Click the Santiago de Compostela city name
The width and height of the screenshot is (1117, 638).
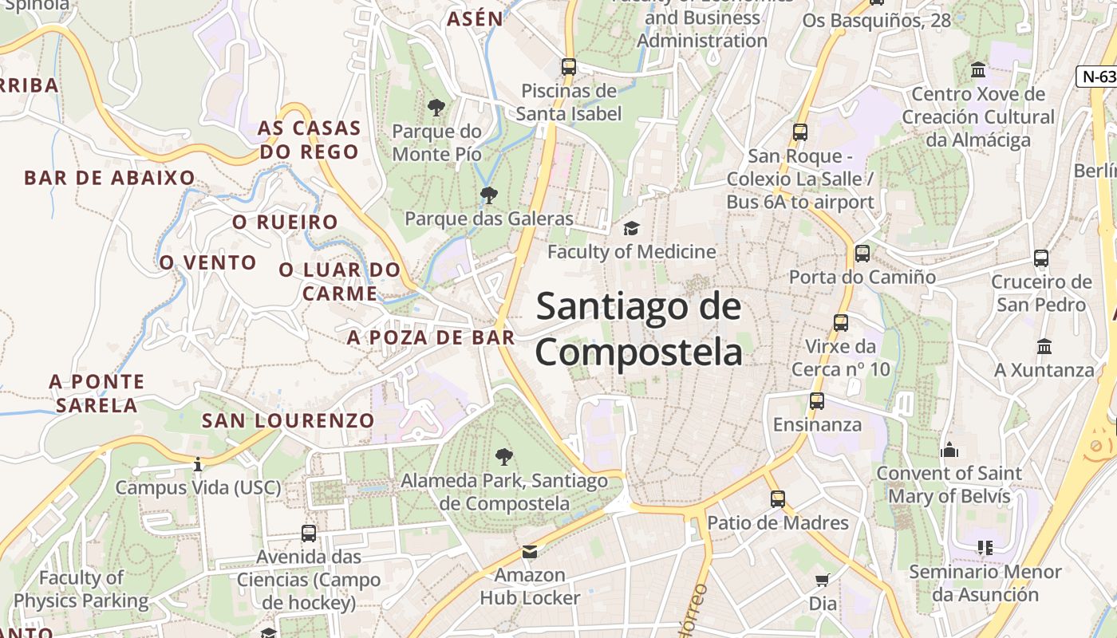(638, 329)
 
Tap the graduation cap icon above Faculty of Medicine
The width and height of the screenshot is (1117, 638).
(632, 229)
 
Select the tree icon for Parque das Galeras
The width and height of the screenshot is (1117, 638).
(489, 195)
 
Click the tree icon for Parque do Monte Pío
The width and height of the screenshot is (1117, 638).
(436, 107)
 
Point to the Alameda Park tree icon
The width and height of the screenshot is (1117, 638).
(503, 457)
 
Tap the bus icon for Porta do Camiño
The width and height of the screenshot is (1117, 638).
(862, 254)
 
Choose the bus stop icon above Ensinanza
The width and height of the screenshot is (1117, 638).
(817, 401)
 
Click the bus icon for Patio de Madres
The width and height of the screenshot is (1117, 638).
(778, 499)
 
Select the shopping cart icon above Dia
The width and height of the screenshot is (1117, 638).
(823, 580)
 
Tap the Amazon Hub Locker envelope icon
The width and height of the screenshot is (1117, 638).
(530, 551)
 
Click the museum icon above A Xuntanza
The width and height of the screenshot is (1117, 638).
(1044, 347)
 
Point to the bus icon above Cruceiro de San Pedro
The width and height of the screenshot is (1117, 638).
(1041, 258)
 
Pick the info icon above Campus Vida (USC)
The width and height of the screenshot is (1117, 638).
(198, 464)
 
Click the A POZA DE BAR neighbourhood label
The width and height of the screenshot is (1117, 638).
(431, 337)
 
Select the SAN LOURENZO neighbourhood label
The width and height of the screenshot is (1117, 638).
(287, 420)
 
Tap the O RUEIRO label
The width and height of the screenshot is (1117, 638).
(285, 222)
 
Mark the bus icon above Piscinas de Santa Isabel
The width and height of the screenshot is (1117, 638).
(568, 67)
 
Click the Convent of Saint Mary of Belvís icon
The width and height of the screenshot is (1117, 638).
(949, 451)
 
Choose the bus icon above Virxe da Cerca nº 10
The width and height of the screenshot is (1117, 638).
(841, 323)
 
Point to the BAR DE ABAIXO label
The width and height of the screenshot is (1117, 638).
(109, 178)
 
